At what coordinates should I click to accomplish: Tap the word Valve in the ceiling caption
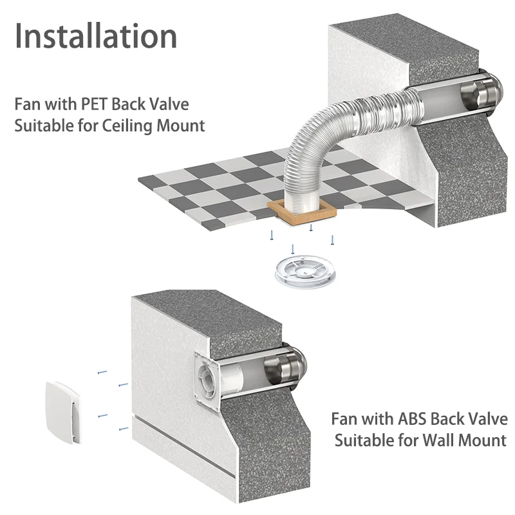(166, 103)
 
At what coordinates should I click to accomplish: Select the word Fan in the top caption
(28, 103)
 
